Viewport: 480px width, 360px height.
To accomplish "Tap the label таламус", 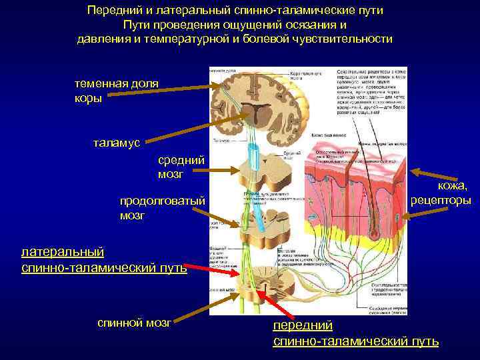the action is (116, 143).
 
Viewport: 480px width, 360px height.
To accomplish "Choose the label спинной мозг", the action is (134, 323).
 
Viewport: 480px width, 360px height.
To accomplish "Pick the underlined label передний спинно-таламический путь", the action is (355, 333).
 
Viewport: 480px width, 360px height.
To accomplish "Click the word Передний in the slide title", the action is (111, 11).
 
